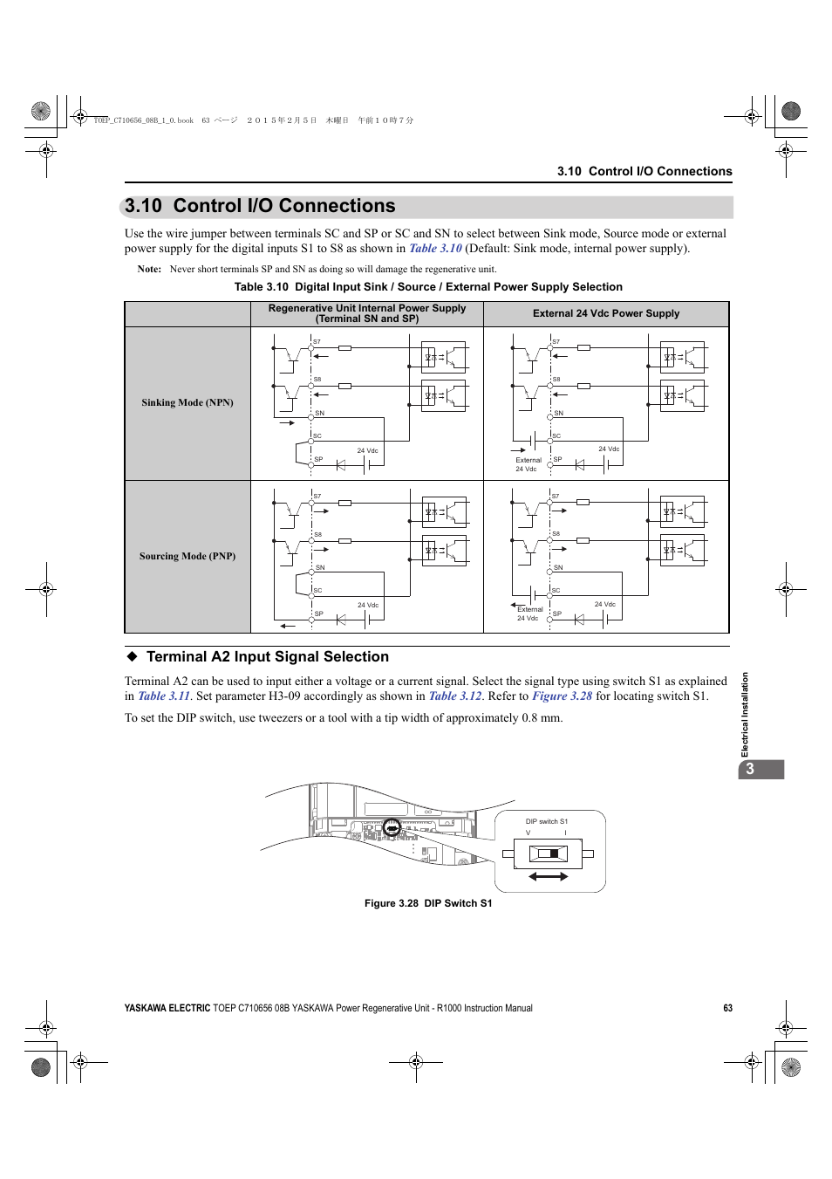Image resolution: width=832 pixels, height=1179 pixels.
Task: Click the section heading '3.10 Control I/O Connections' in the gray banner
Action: (x=260, y=206)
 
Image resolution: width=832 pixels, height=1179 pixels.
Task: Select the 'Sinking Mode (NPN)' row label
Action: (x=188, y=402)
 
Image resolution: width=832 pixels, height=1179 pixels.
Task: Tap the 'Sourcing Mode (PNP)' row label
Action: (x=188, y=556)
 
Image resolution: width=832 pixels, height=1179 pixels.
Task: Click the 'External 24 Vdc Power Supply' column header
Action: (x=606, y=313)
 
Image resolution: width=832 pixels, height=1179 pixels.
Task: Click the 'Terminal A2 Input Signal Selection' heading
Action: (x=267, y=657)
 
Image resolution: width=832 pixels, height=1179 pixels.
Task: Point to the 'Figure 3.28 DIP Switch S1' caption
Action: (x=428, y=903)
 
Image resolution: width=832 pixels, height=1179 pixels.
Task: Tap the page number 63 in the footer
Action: (x=727, y=1008)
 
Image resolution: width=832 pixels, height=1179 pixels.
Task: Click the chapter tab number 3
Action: (x=750, y=769)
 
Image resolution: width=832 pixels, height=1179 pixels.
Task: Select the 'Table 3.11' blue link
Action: (x=164, y=696)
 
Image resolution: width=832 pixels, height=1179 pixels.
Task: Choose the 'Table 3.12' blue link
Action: (x=454, y=696)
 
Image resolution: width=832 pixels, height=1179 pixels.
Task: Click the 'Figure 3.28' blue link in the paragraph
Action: (x=562, y=696)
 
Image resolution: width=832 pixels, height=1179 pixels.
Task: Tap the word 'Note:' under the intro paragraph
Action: (x=149, y=270)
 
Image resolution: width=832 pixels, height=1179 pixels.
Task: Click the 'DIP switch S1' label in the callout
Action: (x=546, y=821)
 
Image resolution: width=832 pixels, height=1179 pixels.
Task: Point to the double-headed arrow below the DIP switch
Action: (x=549, y=876)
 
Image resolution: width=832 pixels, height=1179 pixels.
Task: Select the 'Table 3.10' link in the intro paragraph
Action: (x=435, y=249)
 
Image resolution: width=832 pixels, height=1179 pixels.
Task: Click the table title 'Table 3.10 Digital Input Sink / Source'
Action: (x=428, y=287)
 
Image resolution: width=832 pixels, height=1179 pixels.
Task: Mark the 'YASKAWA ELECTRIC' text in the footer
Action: (x=167, y=1008)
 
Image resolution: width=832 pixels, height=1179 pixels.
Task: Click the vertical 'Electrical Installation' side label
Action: (x=745, y=715)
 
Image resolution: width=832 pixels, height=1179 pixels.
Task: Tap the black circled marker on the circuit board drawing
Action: (x=392, y=826)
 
